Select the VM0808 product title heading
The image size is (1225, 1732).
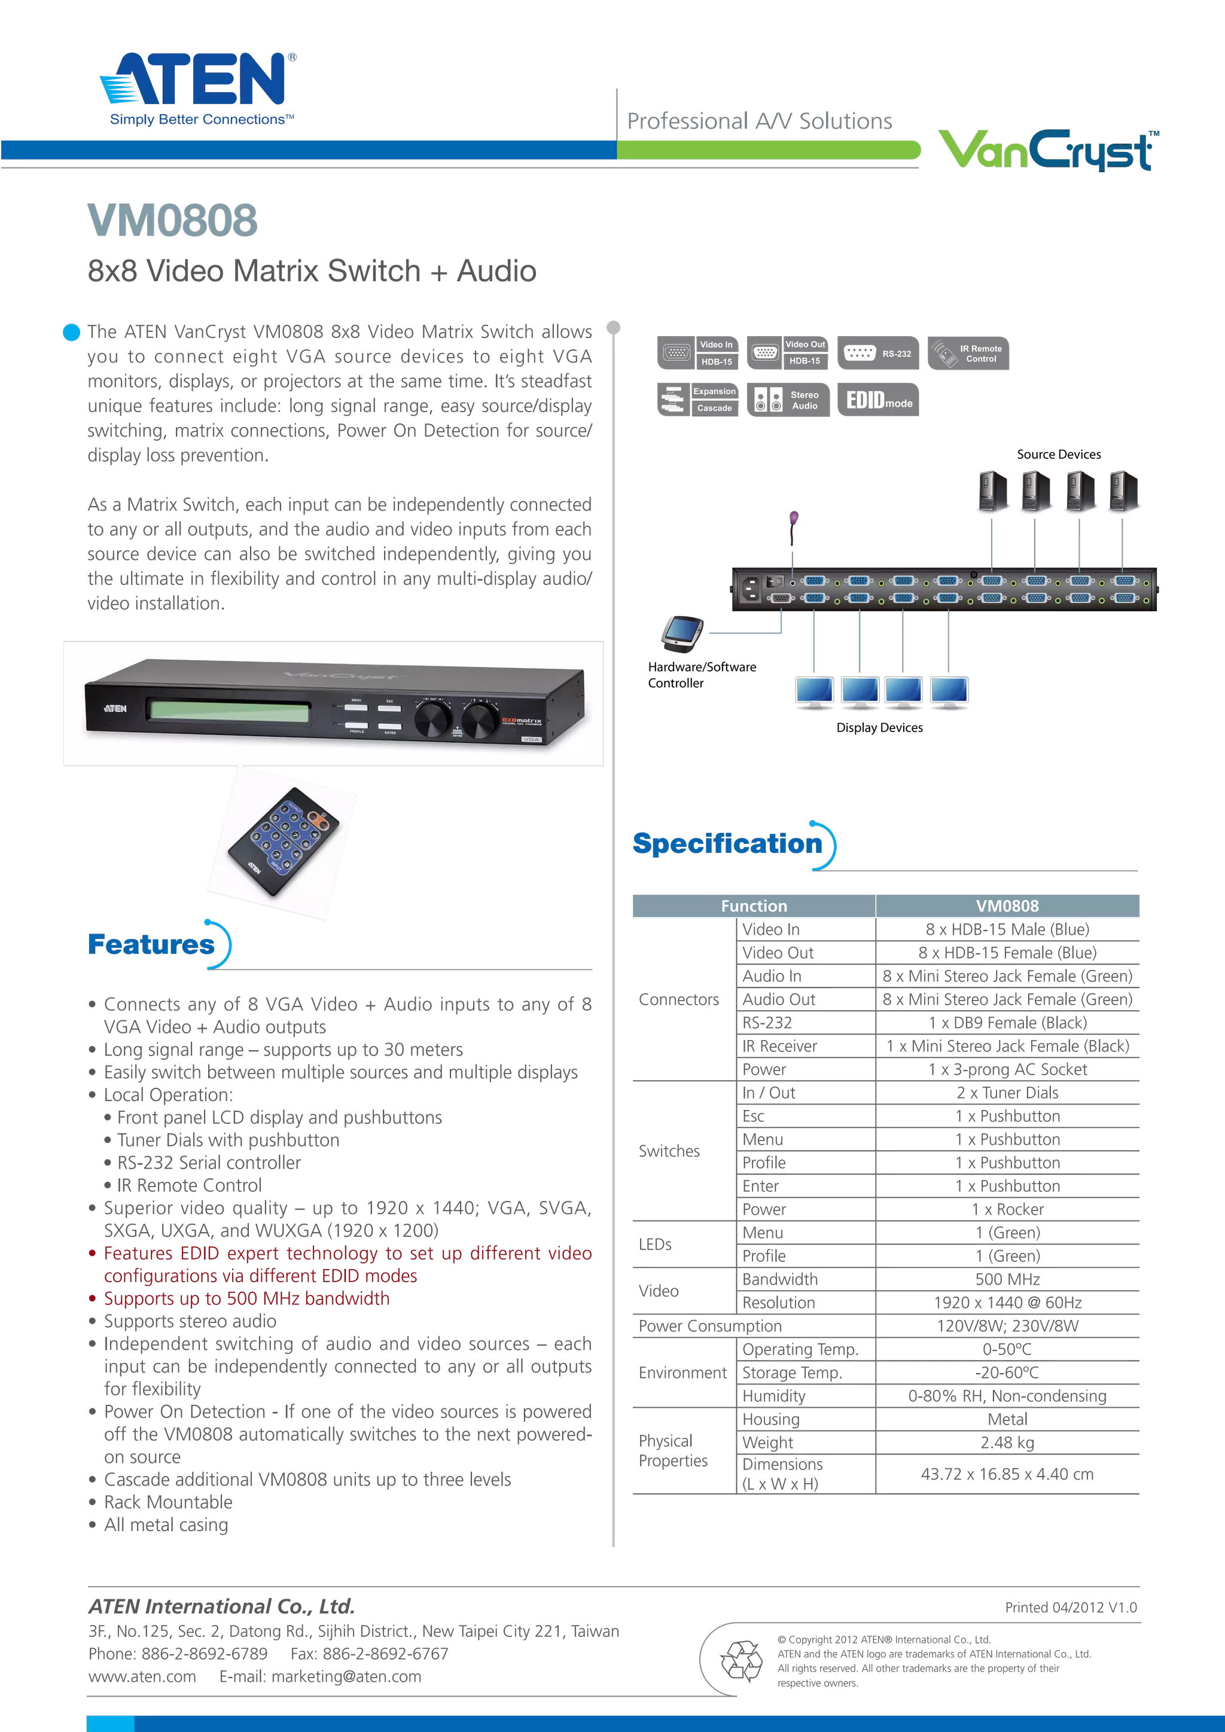pyautogui.click(x=172, y=220)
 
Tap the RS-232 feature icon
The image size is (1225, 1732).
pyautogui.click(x=878, y=353)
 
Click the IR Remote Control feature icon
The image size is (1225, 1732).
pyautogui.click(x=968, y=353)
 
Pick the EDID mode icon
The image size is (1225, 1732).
pyautogui.click(x=878, y=400)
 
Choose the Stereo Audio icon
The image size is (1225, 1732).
pyautogui.click(x=788, y=400)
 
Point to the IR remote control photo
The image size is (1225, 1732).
pyautogui.click(x=283, y=843)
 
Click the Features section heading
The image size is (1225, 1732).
pyautogui.click(x=151, y=944)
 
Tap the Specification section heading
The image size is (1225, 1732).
pyautogui.click(x=727, y=843)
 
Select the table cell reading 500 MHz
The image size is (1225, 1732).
pyautogui.click(x=1007, y=1279)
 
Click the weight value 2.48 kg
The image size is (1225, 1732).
pyautogui.click(x=1007, y=1443)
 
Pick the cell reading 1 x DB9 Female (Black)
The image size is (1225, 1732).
pyautogui.click(x=1007, y=1023)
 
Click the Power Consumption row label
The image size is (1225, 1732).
pyautogui.click(x=711, y=1326)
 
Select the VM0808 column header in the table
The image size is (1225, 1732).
pyautogui.click(x=1007, y=906)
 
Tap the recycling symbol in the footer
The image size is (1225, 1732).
pyautogui.click(x=741, y=1660)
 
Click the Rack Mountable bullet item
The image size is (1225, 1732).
pyautogui.click(x=168, y=1502)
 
